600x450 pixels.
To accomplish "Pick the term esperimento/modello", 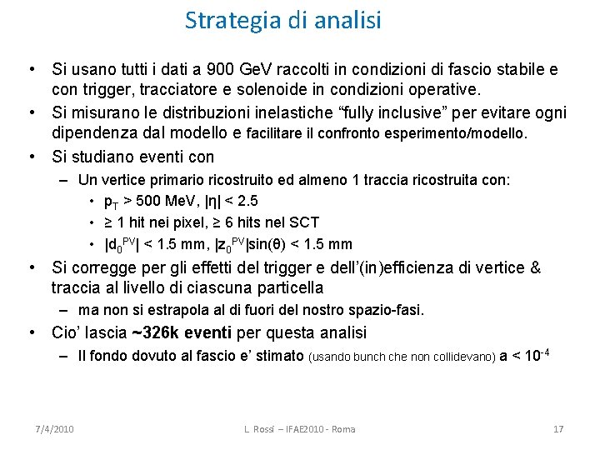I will click(462, 133).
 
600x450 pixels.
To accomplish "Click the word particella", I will click(288, 288).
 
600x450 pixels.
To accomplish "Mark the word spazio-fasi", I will click(388, 311).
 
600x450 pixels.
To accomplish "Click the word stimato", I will click(279, 356).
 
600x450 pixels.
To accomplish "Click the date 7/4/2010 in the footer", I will click(55, 428).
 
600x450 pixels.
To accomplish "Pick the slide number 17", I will click(558, 428).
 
